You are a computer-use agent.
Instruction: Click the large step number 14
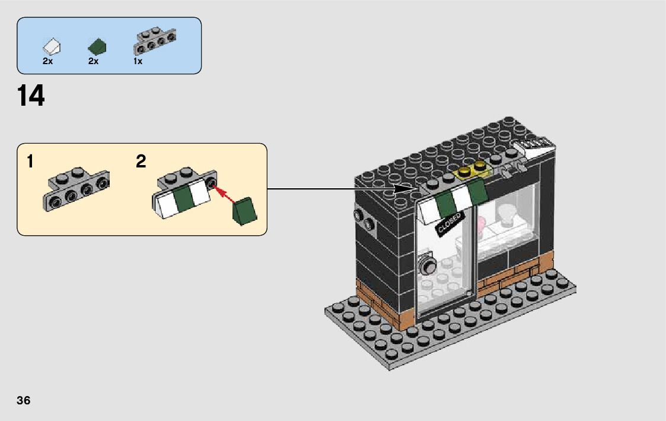pos(31,96)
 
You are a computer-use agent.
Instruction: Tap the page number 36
pos(24,400)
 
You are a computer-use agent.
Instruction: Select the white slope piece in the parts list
pos(52,45)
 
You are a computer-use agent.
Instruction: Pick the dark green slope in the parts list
pos(97,46)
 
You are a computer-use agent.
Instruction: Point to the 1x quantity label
pos(138,61)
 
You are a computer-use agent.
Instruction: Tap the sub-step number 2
pos(141,162)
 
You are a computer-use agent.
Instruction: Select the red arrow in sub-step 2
pos(222,192)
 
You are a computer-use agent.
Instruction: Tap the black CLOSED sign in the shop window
pos(449,224)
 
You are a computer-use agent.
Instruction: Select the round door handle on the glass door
pos(426,265)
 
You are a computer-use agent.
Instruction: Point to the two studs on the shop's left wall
pos(364,219)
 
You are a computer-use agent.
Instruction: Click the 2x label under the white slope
pos(48,61)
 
